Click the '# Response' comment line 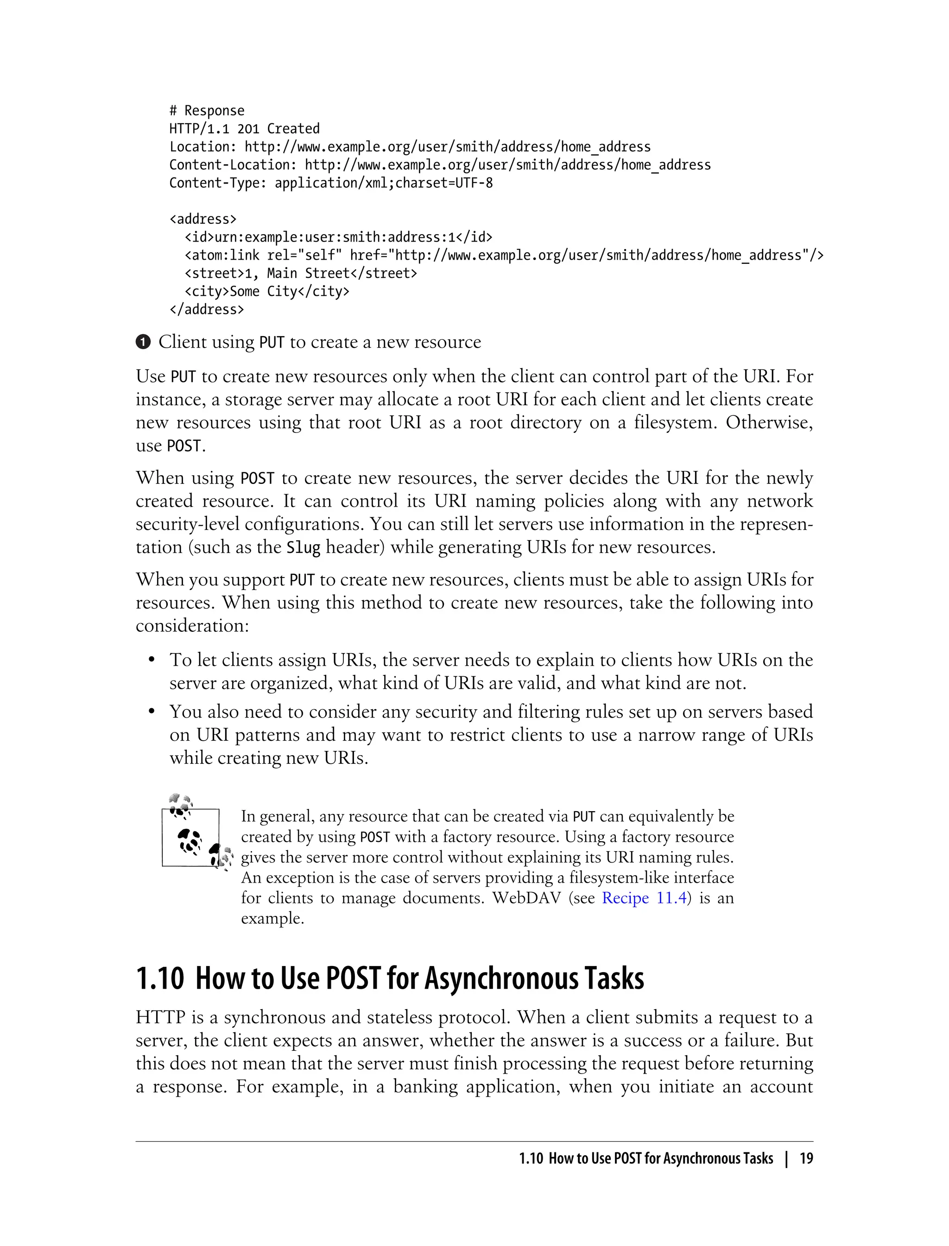coord(207,111)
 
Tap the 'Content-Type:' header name coord(217,183)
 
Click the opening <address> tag coord(203,219)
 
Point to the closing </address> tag coord(207,310)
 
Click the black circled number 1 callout coord(144,343)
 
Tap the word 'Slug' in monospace coord(304,547)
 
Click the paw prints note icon coord(196,833)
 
